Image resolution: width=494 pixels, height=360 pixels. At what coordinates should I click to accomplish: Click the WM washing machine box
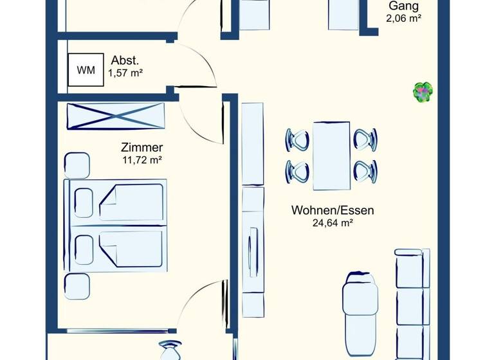tap(86, 69)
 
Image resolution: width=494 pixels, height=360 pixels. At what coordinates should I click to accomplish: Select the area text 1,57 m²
tap(125, 73)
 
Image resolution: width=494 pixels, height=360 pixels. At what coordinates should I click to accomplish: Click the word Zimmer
tap(142, 147)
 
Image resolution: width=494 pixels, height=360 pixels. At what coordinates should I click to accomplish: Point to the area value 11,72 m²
tap(142, 159)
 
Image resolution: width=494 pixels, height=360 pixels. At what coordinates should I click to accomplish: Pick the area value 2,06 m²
tap(403, 19)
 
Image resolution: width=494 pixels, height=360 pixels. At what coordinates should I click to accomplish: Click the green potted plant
tap(422, 91)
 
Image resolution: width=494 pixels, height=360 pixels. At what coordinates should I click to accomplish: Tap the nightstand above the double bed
tap(77, 165)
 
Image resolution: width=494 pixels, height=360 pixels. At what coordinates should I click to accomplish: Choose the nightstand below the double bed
tap(77, 285)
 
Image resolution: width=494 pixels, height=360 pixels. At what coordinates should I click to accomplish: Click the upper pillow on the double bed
tap(84, 201)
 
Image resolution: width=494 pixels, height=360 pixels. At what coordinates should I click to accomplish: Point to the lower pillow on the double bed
tap(84, 248)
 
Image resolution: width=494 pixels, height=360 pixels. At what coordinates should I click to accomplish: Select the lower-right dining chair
tap(365, 171)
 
